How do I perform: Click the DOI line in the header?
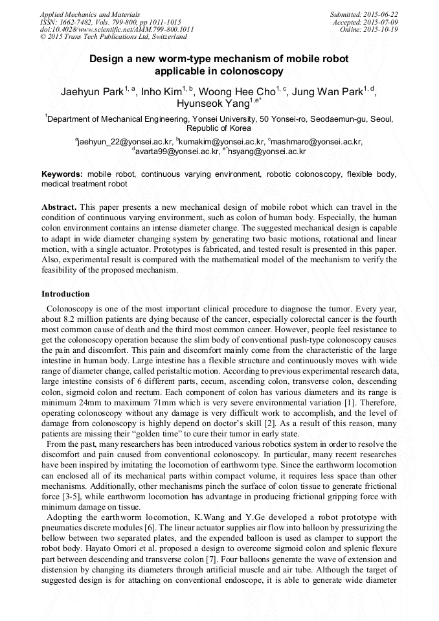(117, 29)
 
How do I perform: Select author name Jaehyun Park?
(91, 91)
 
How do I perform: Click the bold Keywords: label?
(62, 174)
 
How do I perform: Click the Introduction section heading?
(65, 293)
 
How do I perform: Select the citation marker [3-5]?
(63, 497)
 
